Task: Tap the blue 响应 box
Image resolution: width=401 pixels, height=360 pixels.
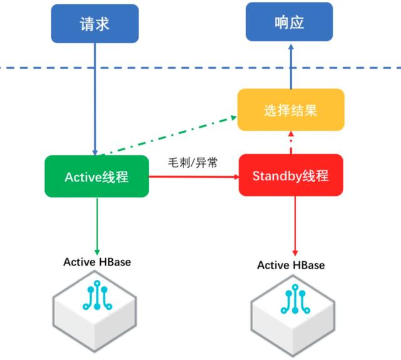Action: click(289, 23)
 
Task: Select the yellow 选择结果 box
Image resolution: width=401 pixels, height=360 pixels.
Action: click(290, 110)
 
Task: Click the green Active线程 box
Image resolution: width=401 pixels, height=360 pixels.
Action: click(96, 177)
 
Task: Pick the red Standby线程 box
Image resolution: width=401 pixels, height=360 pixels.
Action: click(291, 175)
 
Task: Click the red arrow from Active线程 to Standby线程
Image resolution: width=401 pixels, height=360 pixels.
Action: click(194, 177)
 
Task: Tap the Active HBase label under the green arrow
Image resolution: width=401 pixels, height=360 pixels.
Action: click(97, 262)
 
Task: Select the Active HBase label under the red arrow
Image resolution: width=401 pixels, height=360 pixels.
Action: click(291, 265)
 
